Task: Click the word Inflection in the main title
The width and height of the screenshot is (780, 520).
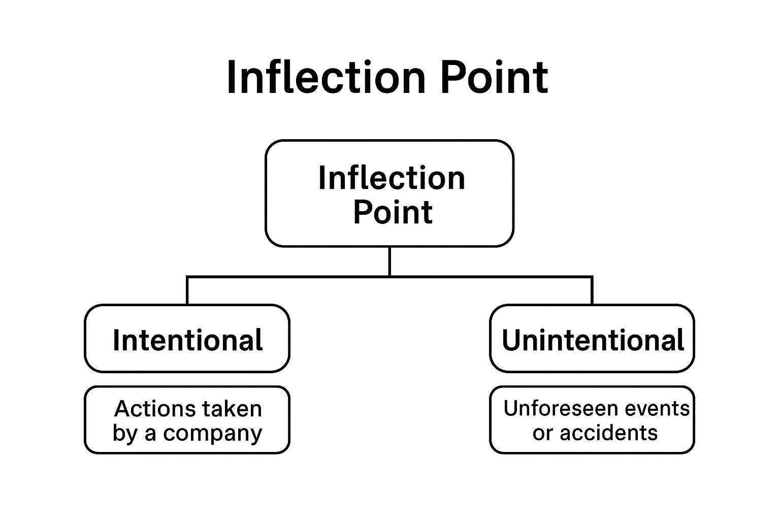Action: [325, 77]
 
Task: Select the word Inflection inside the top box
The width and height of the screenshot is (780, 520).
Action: [392, 178]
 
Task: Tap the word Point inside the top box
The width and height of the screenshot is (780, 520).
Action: [393, 212]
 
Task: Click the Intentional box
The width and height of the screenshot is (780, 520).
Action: [187, 339]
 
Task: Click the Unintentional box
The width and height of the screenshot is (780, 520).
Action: [592, 339]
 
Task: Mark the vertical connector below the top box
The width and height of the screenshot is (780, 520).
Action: [389, 261]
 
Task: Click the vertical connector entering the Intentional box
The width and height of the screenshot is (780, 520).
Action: [187, 291]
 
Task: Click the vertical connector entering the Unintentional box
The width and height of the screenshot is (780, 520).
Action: [592, 291]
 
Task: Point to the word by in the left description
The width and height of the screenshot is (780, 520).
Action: [124, 434]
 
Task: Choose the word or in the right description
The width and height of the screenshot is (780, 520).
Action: [542, 433]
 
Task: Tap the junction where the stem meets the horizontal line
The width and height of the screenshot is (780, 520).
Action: [389, 277]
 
